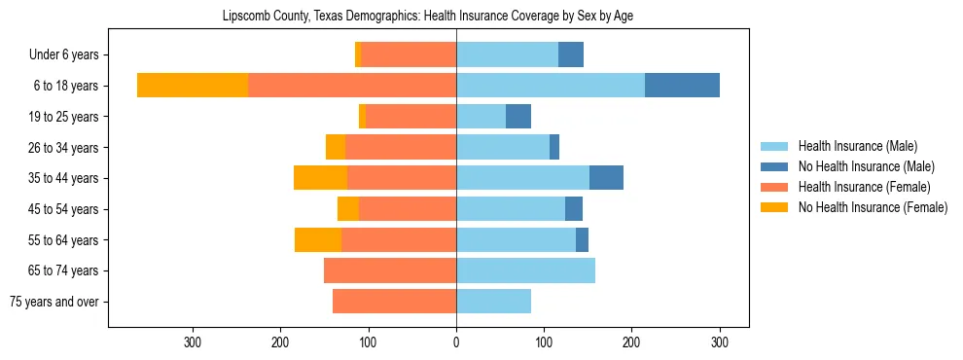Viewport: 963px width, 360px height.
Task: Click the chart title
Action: [428, 17]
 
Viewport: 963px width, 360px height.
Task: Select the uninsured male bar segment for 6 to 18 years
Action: [682, 86]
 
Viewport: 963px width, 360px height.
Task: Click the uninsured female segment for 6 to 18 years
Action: [193, 86]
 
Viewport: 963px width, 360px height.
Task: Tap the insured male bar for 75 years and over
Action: [493, 302]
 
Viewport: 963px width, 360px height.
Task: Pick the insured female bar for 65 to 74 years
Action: [390, 270]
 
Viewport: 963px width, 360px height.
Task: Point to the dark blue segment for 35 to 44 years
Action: [606, 178]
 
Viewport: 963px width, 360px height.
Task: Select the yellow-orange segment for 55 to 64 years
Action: [318, 240]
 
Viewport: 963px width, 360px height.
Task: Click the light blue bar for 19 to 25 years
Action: [481, 117]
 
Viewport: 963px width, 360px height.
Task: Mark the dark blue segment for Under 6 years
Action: [571, 55]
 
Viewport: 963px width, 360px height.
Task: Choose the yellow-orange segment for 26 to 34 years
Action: [336, 148]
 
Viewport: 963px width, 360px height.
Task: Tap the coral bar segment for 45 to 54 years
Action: [408, 209]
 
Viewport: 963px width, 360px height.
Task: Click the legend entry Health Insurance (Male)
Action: [857, 146]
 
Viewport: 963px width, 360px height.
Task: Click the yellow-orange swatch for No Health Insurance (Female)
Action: [774, 207]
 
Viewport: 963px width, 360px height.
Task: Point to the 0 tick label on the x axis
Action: [456, 342]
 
